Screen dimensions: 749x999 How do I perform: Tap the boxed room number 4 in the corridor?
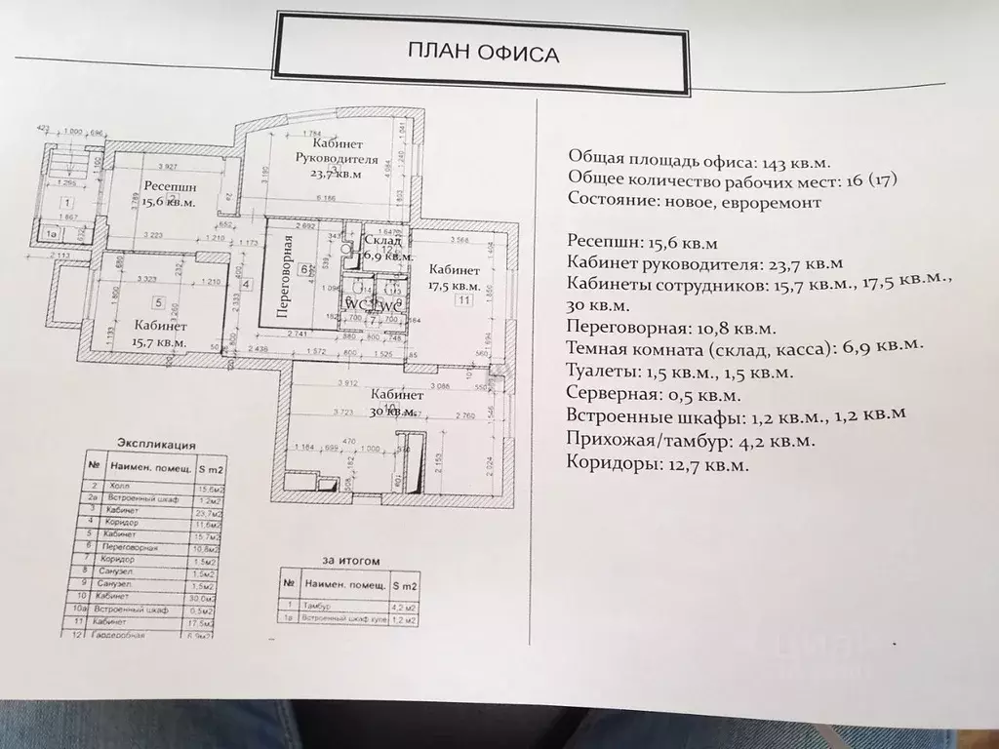[x=246, y=285]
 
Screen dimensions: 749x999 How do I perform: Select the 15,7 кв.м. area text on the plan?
[x=159, y=342]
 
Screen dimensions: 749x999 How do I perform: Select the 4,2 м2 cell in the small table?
[x=404, y=606]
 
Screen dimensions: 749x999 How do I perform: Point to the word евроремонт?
[x=773, y=203]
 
